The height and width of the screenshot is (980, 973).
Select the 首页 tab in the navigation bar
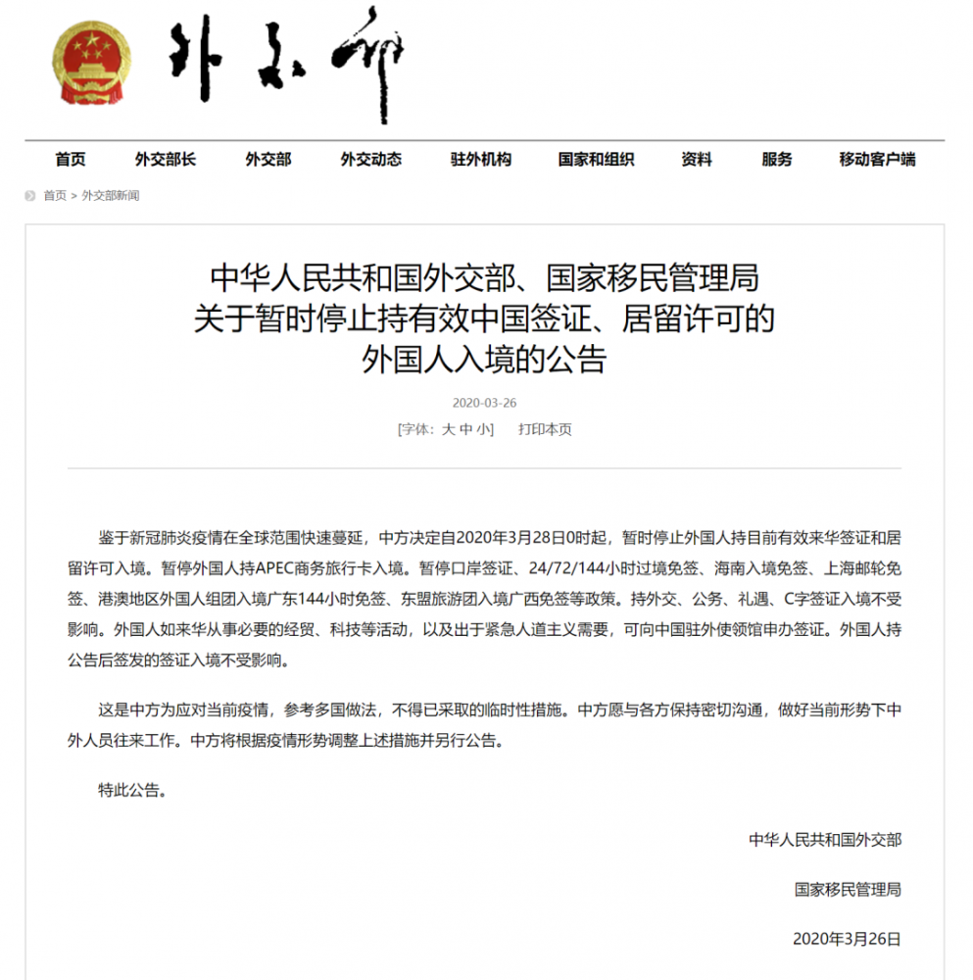71,160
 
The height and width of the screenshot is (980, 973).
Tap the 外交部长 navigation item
165,160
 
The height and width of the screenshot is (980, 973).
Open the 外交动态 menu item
370,160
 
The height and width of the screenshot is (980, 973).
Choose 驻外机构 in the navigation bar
480,160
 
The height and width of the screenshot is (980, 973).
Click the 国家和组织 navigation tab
596,160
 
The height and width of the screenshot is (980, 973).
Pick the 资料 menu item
697,160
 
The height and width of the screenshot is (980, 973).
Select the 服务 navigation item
776,160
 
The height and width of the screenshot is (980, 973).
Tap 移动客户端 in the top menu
877,160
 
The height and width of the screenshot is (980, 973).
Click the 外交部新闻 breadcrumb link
110,195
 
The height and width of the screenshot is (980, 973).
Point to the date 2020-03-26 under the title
484,403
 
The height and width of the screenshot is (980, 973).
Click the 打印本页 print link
545,429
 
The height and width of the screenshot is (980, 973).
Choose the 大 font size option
448,429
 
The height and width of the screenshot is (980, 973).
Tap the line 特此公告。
131,789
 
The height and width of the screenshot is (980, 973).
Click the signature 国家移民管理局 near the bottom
848,889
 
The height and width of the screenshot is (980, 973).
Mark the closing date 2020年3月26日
846,939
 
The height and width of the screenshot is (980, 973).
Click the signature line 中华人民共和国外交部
825,839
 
